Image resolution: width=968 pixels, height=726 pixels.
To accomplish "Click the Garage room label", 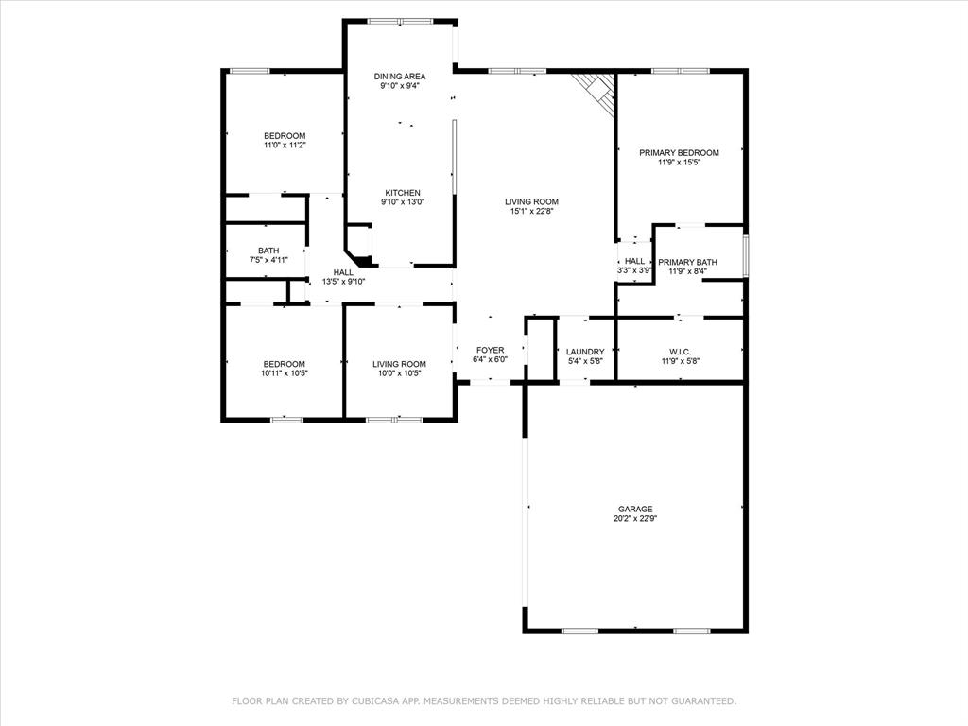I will [635, 509].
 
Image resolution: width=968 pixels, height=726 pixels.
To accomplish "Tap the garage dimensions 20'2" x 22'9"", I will [635, 518].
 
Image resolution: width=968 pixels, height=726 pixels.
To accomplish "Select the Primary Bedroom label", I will [679, 152].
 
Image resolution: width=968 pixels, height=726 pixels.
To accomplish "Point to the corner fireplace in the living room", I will [598, 91].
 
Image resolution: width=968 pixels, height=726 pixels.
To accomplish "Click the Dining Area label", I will [399, 77].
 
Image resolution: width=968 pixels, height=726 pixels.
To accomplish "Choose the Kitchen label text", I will [402, 193].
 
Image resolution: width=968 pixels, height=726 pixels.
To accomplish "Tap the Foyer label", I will [490, 350].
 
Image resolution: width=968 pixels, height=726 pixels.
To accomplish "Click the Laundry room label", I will [585, 352].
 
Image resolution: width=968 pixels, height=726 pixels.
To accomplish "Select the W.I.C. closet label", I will [680, 352].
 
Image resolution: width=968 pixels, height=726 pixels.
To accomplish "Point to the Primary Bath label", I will [687, 262].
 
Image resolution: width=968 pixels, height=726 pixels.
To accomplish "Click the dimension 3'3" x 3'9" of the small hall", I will [634, 270].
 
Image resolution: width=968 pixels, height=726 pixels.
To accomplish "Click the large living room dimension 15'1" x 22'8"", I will [531, 211].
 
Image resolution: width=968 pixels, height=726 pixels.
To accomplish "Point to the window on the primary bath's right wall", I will [746, 256].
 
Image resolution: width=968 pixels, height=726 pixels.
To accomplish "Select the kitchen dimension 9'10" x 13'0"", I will [402, 201].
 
